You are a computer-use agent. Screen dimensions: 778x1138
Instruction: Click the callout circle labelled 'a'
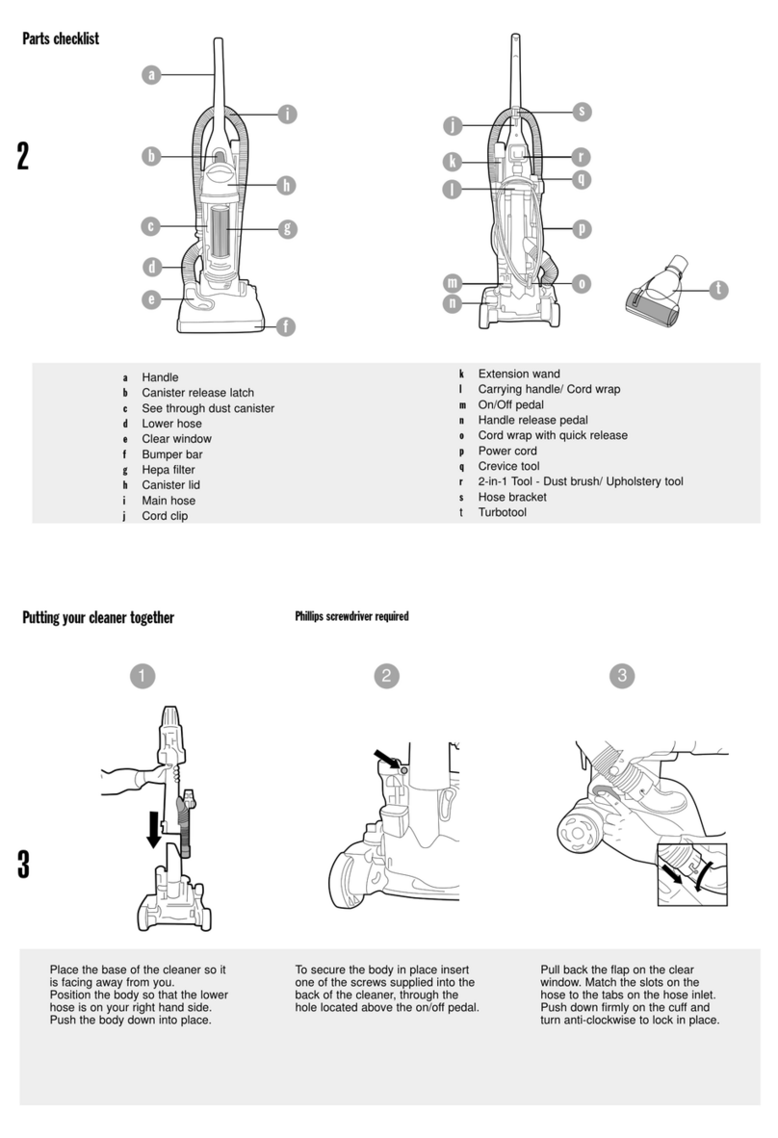coord(151,74)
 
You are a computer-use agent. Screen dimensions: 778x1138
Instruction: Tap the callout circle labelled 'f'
coord(286,326)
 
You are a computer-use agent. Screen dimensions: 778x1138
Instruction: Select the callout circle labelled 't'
coord(718,289)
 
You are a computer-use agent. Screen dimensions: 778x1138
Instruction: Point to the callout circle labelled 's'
coord(582,111)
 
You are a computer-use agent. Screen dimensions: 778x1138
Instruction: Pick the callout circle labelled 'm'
coord(453,282)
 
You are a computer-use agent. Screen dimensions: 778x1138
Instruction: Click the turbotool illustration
coord(656,291)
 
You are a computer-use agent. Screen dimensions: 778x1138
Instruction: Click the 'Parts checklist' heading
coord(61,39)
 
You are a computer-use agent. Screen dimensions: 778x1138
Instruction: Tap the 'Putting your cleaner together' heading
coord(98,618)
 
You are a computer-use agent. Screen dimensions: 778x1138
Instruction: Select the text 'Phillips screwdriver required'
coord(352,616)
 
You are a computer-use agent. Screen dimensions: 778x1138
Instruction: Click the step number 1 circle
coord(143,677)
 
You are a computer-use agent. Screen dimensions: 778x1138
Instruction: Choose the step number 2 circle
coord(386,677)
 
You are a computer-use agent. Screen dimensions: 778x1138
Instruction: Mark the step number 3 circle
coord(622,676)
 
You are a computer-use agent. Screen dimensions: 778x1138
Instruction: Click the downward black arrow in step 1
coord(154,829)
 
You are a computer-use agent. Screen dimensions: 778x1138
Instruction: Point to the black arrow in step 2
coord(386,759)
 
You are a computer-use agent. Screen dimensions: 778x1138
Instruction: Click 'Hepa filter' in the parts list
coord(169,470)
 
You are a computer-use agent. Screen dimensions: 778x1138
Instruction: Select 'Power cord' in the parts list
coord(507,451)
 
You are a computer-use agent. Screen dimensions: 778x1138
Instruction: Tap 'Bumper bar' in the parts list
coord(172,454)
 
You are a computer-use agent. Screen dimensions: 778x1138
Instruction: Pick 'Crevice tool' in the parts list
coord(508,466)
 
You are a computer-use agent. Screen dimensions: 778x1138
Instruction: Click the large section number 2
coord(23,156)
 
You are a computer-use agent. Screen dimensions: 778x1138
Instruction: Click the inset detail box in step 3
coord(692,874)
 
